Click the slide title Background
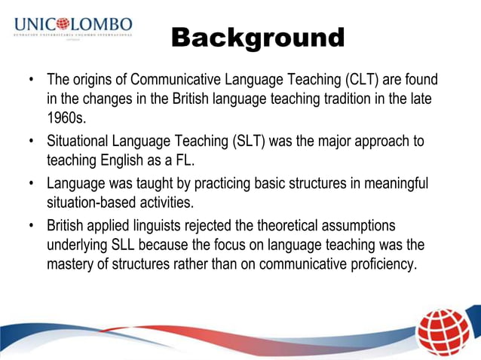point(258,37)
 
